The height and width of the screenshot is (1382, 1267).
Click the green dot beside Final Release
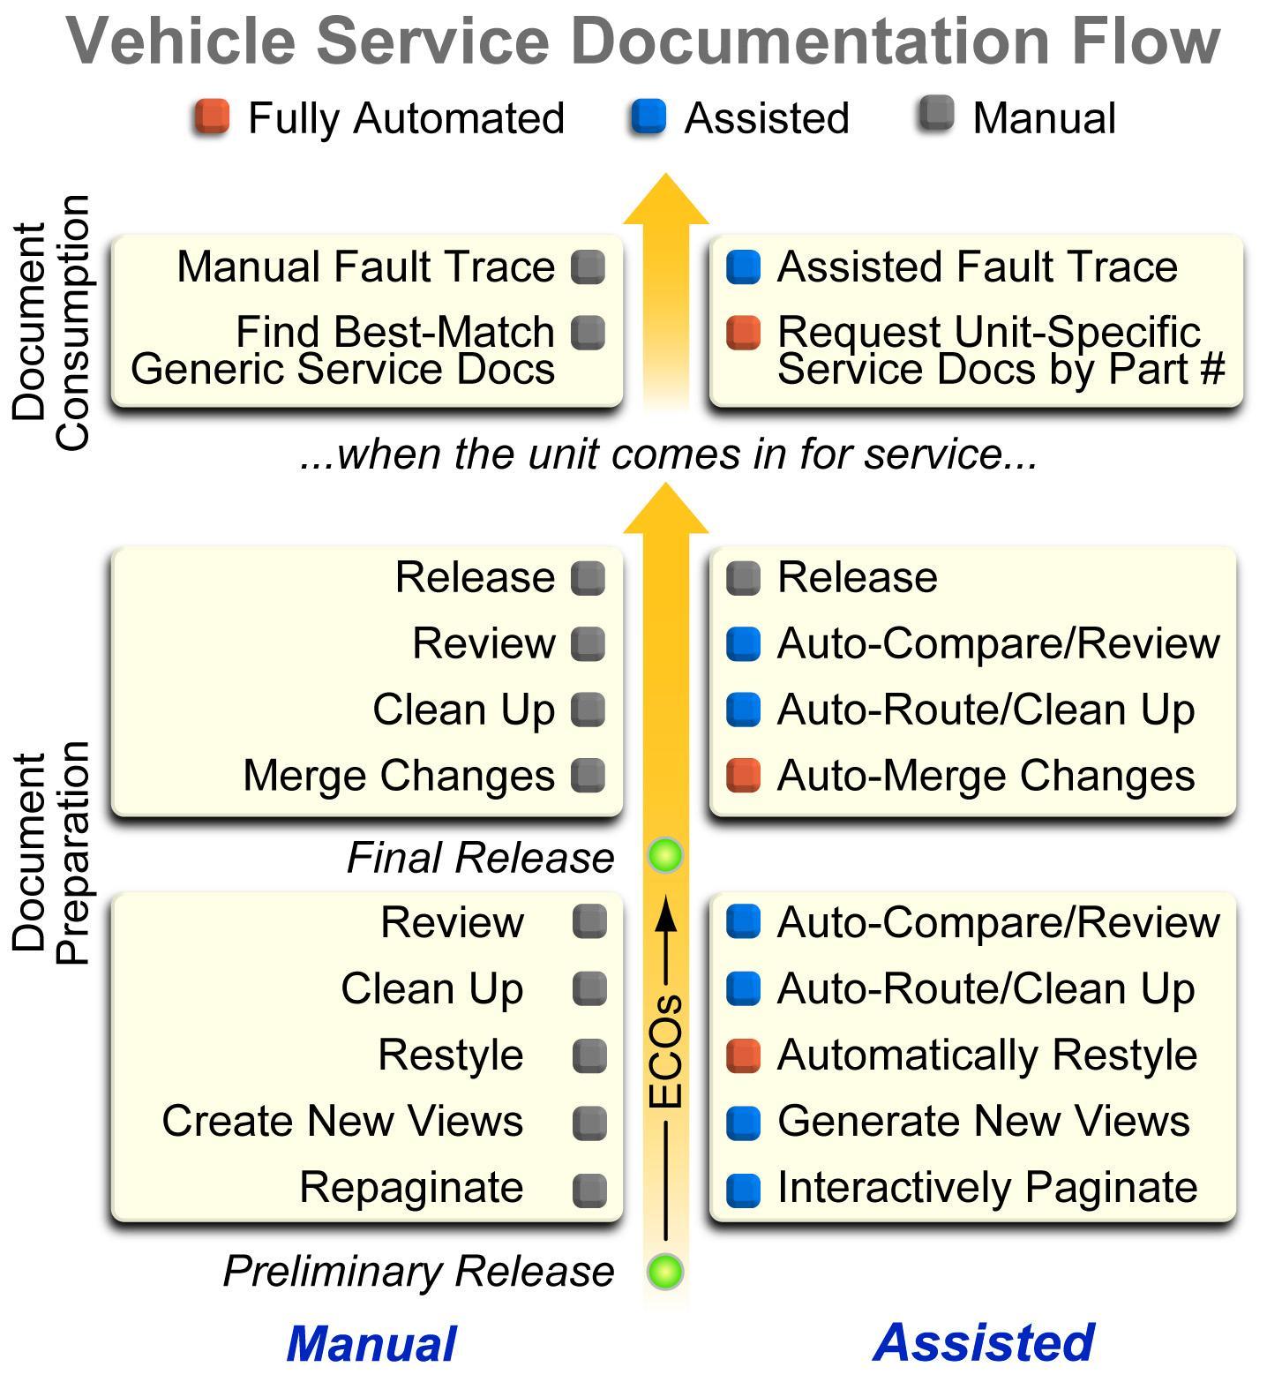click(665, 855)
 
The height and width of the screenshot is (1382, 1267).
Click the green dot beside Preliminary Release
click(665, 1272)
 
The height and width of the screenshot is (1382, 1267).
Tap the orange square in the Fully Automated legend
click(212, 117)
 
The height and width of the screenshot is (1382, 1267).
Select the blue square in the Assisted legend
click(648, 117)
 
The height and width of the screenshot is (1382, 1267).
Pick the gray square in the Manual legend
click(936, 116)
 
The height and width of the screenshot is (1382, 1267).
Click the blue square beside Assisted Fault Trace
click(743, 267)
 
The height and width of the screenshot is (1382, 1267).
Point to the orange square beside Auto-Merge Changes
click(743, 776)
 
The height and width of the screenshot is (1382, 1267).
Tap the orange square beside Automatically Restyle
click(743, 1055)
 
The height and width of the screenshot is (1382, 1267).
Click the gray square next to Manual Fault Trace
click(588, 267)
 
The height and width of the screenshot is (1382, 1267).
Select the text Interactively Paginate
click(986, 1188)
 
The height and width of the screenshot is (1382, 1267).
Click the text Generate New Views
click(983, 1122)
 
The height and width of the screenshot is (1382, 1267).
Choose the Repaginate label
click(411, 1188)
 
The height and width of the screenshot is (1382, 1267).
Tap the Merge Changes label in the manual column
click(399, 776)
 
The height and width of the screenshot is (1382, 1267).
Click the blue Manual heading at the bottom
click(371, 1344)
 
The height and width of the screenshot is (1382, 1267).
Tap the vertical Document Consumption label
click(51, 322)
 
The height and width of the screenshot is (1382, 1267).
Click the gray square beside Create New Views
click(589, 1123)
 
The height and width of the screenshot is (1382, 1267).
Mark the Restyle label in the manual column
click(450, 1055)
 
